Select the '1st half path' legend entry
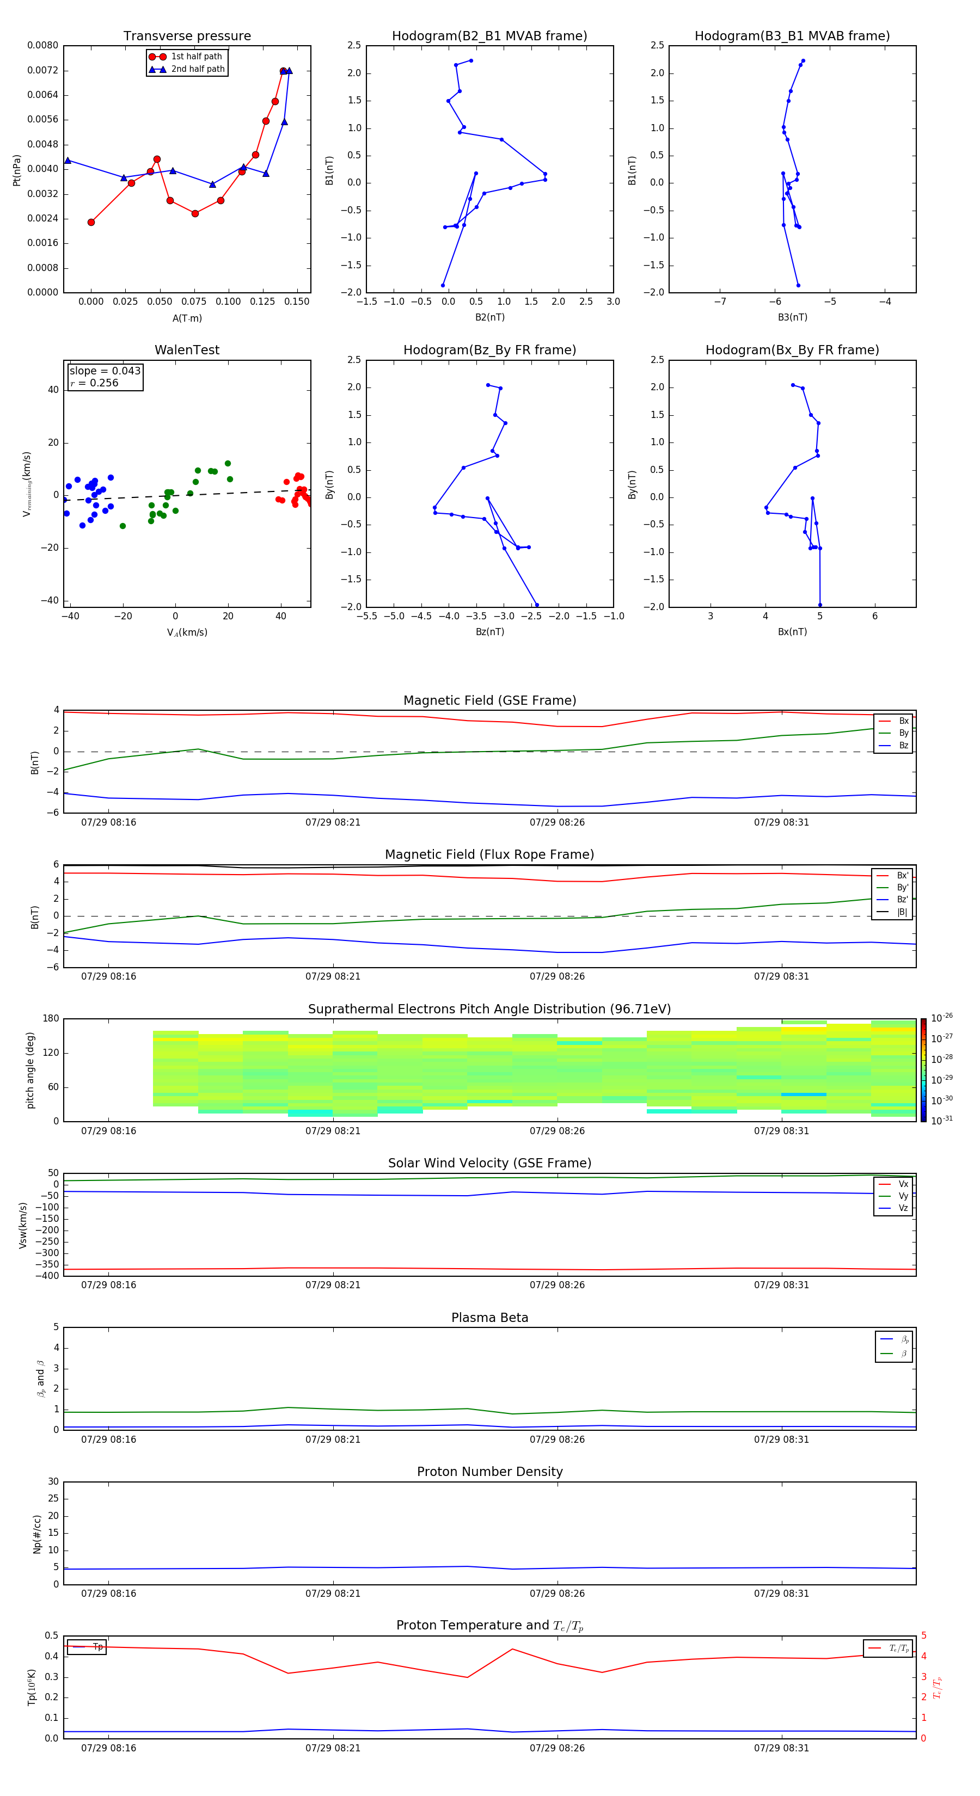[x=196, y=57]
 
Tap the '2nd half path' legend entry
[x=198, y=69]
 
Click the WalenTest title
[x=187, y=350]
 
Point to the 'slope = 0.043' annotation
[x=105, y=371]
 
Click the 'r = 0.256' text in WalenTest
[x=95, y=383]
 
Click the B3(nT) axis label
[x=792, y=317]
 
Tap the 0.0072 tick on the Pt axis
[x=42, y=70]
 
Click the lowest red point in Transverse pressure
[x=91, y=223]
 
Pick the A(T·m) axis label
[x=187, y=318]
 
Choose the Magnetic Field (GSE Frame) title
[x=489, y=700]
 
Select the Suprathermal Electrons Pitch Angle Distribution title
[x=489, y=1009]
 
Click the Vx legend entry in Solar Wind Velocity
[x=903, y=1184]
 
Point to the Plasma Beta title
[x=489, y=1318]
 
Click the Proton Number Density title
[x=489, y=1472]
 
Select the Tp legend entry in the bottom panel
[x=97, y=1647]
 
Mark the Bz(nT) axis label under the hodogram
[x=489, y=632]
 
